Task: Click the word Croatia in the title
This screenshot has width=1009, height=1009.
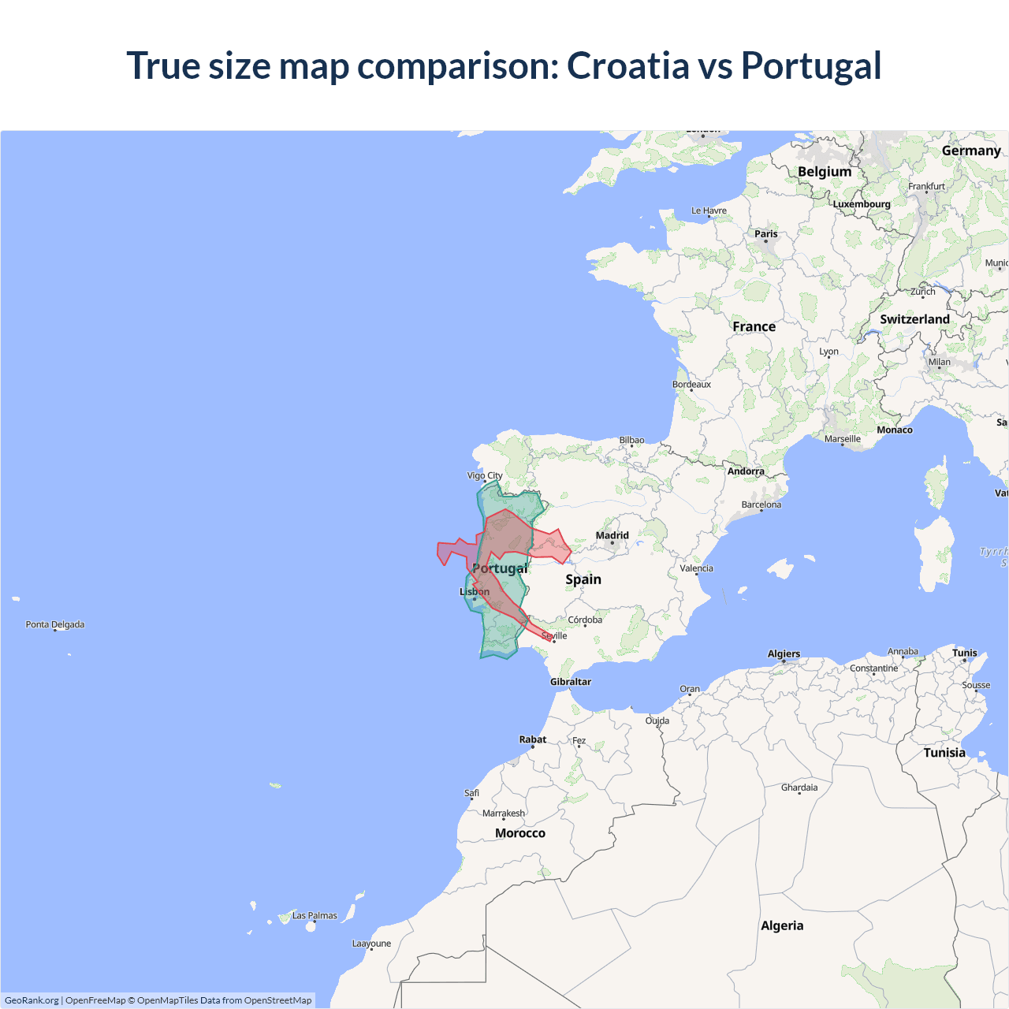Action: [x=627, y=65]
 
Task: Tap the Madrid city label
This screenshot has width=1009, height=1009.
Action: [x=612, y=535]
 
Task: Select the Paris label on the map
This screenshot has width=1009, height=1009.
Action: [x=765, y=233]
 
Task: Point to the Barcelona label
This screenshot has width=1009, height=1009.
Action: [x=761, y=504]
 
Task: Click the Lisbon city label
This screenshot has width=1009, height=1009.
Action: [x=475, y=591]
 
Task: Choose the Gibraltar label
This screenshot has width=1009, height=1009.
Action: [x=571, y=681]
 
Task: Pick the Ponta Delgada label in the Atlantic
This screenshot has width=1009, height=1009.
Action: [x=55, y=624]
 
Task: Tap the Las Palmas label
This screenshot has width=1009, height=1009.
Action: [x=315, y=915]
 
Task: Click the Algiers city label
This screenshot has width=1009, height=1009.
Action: [x=784, y=653]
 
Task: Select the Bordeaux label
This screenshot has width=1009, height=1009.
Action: [x=691, y=385]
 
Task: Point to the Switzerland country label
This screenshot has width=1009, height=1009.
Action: [x=914, y=319]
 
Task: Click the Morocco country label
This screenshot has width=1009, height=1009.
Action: [x=520, y=833]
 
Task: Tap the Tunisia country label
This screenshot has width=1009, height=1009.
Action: [x=944, y=753]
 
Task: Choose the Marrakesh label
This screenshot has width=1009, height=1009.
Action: [x=504, y=813]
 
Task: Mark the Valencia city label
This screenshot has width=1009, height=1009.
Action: [x=697, y=568]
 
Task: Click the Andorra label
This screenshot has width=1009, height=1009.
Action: [x=746, y=471]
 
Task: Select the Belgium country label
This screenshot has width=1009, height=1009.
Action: [x=825, y=172]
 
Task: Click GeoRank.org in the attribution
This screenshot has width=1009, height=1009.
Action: [x=32, y=1000]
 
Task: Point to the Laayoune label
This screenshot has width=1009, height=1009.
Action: [x=371, y=944]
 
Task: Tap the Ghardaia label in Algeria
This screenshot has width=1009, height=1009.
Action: [x=799, y=787]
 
